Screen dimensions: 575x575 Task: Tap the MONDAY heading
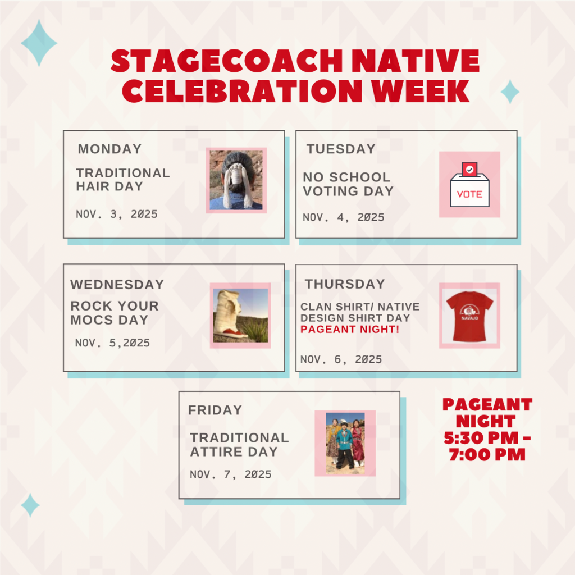[109, 149]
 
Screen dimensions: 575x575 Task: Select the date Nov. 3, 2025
[117, 214]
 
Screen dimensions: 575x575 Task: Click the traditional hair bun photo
[236, 180]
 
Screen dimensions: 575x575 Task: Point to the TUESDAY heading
[341, 149]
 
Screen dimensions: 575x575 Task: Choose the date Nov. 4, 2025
[344, 217]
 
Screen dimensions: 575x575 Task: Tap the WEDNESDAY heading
[117, 285]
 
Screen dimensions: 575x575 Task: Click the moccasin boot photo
[240, 315]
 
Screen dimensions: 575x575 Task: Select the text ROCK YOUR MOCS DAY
[115, 313]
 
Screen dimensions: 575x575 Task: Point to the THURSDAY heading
[345, 284]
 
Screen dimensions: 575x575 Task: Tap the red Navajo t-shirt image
[469, 315]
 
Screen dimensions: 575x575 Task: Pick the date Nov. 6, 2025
[341, 359]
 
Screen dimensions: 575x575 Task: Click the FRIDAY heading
[215, 410]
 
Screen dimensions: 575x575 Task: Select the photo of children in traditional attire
[345, 443]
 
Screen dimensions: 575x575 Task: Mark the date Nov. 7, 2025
[231, 474]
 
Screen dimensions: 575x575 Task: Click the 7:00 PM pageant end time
[487, 454]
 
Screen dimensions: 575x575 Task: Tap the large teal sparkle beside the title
[39, 43]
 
